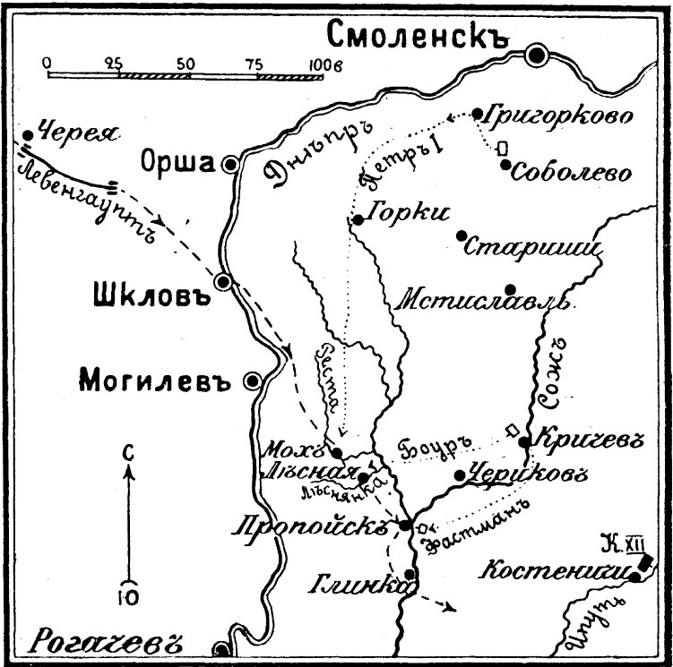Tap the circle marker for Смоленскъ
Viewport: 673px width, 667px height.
pyautogui.click(x=539, y=56)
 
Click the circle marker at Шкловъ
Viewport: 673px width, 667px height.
pyautogui.click(x=225, y=282)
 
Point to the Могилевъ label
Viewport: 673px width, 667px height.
pyautogui.click(x=156, y=380)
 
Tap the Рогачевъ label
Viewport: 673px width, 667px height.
pyautogui.click(x=108, y=641)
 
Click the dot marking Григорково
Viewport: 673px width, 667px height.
pyautogui.click(x=476, y=113)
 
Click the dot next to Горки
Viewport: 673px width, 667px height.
pyautogui.click(x=357, y=219)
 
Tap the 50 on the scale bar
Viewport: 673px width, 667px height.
pyautogui.click(x=185, y=64)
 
